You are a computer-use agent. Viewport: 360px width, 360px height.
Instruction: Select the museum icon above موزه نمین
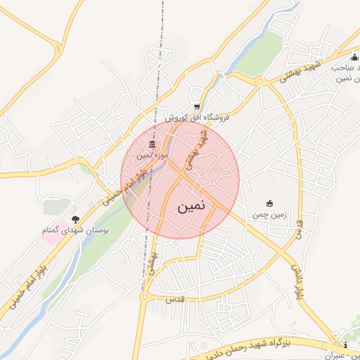[153, 144]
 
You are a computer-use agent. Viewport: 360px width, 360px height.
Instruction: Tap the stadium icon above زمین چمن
[268, 203]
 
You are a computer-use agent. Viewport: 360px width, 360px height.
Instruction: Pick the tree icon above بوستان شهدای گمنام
[75, 219]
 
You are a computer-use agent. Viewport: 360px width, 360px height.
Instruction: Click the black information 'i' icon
[345, 345]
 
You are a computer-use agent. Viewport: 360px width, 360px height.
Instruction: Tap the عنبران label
[340, 356]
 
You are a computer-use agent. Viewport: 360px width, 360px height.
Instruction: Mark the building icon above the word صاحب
[354, 58]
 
